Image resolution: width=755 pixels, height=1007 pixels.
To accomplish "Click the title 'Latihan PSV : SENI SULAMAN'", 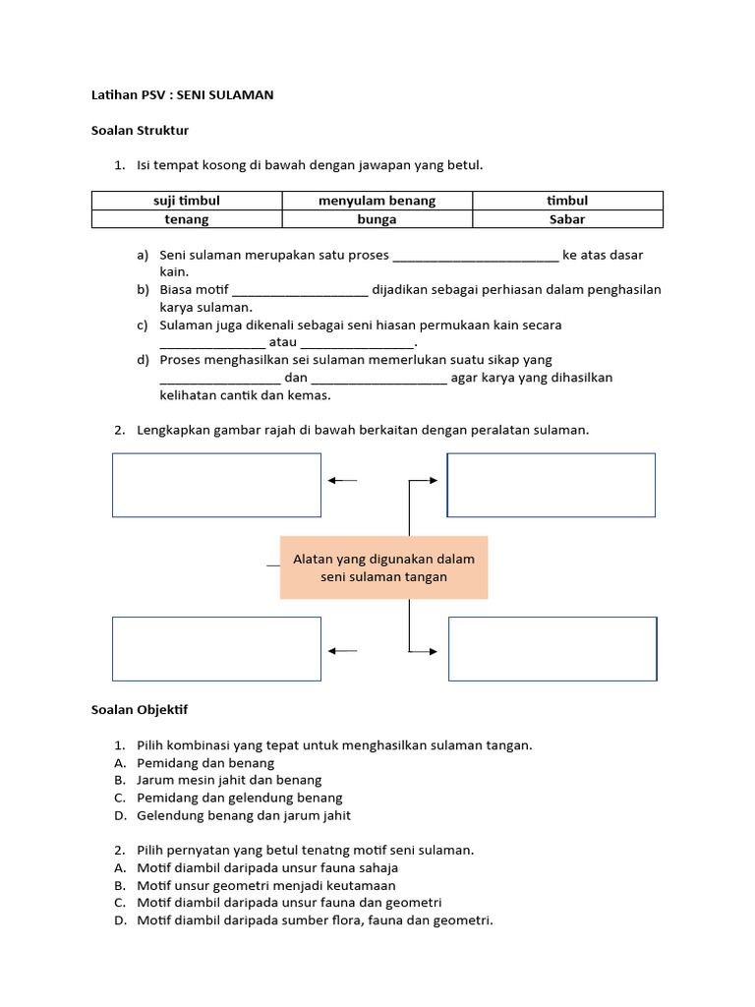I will click(x=182, y=95).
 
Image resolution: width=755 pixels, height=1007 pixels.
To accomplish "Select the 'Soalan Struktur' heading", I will click(x=140, y=130).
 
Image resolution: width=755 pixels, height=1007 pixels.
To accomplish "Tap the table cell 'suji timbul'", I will click(x=187, y=201).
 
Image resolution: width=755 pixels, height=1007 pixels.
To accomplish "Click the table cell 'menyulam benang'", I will click(x=377, y=201).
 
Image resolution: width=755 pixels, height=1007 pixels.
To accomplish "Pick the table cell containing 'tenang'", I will click(x=187, y=219).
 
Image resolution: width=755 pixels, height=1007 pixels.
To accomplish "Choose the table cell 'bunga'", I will click(x=377, y=219).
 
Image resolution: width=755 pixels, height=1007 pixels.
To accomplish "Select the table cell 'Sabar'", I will click(x=567, y=219).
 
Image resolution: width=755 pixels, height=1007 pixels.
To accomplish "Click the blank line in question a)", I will click(x=476, y=257).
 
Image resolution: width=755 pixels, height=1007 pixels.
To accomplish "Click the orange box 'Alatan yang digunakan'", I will click(x=383, y=567).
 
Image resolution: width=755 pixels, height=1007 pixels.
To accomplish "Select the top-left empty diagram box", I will click(x=216, y=485).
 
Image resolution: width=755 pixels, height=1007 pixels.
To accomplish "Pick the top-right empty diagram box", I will click(x=552, y=485).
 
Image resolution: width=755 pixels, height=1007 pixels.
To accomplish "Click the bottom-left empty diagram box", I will click(x=216, y=649).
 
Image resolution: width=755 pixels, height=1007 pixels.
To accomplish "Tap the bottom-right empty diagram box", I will click(x=552, y=649).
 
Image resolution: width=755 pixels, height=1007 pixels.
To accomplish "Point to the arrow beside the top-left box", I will click(x=342, y=480).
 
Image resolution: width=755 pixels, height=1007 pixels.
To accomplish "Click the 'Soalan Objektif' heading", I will click(x=140, y=709).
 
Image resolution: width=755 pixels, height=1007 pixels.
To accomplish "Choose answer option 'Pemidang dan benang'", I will click(x=205, y=763).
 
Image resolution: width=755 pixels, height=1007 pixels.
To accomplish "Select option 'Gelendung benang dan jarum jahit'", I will click(x=244, y=815).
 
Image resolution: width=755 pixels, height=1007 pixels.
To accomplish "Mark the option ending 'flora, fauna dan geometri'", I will click(x=315, y=920).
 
